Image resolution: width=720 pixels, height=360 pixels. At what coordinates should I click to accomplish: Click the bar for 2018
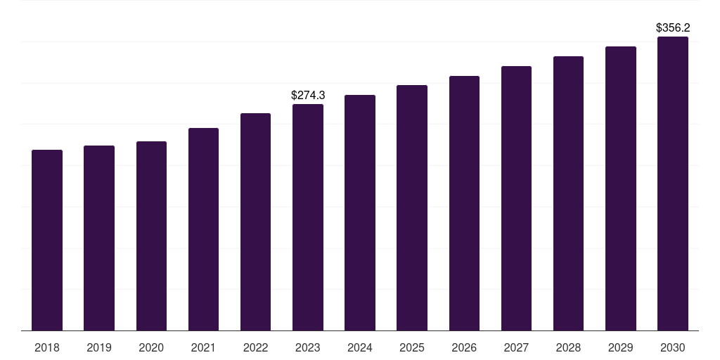pos(47,240)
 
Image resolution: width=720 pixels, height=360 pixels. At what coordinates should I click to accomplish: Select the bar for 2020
pos(151,236)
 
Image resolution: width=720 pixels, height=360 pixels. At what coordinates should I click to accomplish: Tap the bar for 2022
pos(255,221)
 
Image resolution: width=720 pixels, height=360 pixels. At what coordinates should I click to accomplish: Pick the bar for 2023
pos(308,217)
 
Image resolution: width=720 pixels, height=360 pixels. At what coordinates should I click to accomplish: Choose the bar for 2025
pos(412,207)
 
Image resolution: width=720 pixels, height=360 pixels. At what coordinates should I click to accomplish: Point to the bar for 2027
pos(516,198)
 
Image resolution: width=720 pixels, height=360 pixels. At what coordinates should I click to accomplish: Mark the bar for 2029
pos(620,188)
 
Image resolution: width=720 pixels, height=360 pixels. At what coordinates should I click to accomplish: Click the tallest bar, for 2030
pos(673,184)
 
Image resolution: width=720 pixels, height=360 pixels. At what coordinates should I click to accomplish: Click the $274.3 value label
pos(308,95)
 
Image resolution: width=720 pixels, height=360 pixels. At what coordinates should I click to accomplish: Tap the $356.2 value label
pos(673,28)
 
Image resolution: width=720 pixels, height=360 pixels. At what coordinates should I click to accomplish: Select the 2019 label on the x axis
pos(99,347)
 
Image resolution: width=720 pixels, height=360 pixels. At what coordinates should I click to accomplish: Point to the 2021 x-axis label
pos(203,347)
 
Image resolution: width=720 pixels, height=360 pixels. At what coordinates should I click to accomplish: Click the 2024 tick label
pos(360,347)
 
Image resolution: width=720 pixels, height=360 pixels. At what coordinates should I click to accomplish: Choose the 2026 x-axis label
pos(464,347)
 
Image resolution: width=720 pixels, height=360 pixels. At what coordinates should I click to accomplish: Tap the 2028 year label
pos(568,347)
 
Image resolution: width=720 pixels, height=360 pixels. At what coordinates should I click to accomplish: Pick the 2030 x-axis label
pos(673,347)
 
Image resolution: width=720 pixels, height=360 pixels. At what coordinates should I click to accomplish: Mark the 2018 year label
pos(47,347)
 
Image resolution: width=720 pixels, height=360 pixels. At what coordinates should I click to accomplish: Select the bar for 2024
pos(360,212)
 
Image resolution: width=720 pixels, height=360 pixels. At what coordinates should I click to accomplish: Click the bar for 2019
pos(99,238)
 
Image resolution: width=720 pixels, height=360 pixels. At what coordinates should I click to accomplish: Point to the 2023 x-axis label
pos(308,347)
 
